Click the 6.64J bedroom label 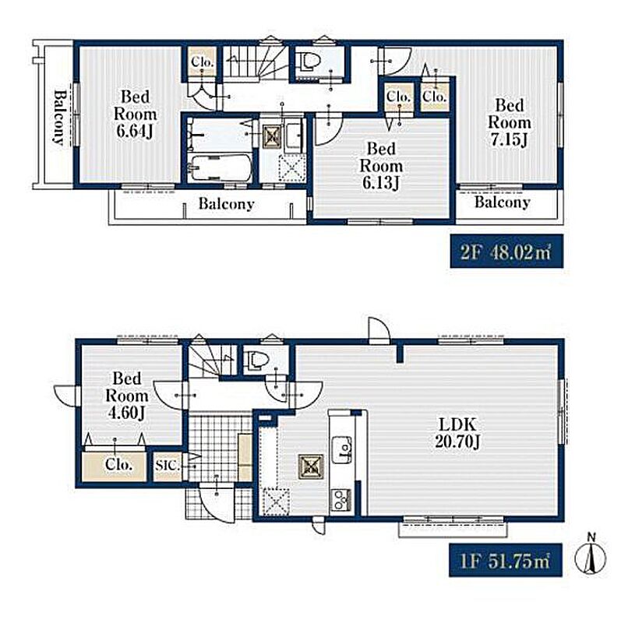click(x=135, y=114)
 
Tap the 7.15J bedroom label click(x=509, y=122)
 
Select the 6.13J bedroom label click(x=381, y=166)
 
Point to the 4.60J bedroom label click(x=126, y=396)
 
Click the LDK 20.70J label click(x=457, y=432)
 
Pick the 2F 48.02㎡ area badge click(x=506, y=252)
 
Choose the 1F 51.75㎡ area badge click(x=506, y=560)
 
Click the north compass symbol click(x=591, y=555)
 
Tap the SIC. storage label click(x=168, y=466)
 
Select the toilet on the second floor click(x=310, y=62)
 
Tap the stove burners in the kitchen click(x=340, y=500)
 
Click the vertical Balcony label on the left click(x=59, y=117)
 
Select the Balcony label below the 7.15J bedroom click(x=503, y=202)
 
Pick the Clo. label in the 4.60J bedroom click(x=118, y=464)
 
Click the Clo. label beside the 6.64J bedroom click(x=203, y=62)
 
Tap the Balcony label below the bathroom click(x=226, y=204)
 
